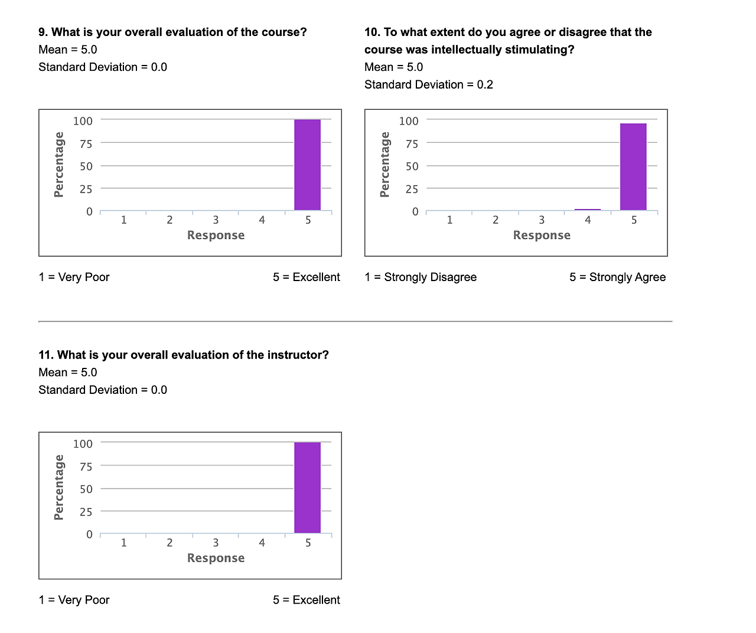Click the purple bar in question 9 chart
pos(307,165)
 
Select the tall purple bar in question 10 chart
pos(633,167)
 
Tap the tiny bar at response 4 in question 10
pos(587,209)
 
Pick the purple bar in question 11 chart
pos(307,488)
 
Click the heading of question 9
pos(172,32)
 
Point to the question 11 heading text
pos(183,355)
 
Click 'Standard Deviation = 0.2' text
pos(428,84)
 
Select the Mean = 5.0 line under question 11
pos(67,373)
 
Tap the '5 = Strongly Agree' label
pos(617,277)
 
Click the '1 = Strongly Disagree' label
pos(421,277)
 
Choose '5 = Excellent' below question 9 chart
pos(306,277)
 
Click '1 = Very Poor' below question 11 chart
pos(74,600)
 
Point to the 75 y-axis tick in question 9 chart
pos(86,143)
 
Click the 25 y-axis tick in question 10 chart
pos(412,189)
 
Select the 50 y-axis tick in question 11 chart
pos(86,489)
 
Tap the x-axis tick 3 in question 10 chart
pos(542,220)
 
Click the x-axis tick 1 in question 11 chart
pos(123,543)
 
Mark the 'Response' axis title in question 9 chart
pos(216,235)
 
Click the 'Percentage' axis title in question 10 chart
pos(384,165)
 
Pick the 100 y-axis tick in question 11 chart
pos(83,443)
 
